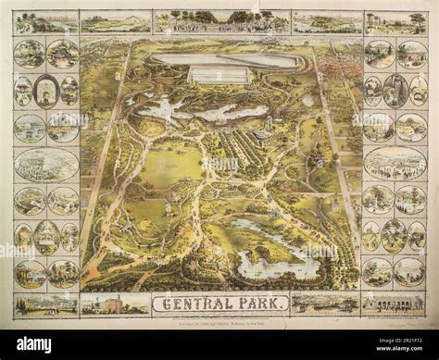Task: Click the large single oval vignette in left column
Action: (46, 164)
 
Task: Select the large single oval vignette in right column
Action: (395, 163)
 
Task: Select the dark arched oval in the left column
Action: (46, 91)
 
